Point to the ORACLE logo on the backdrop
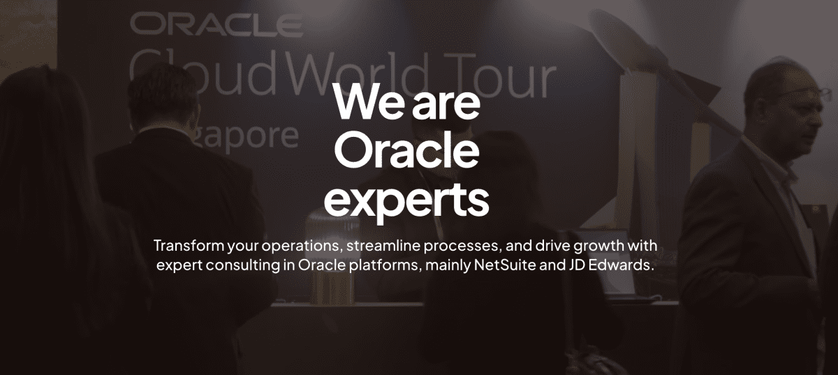(216, 24)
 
